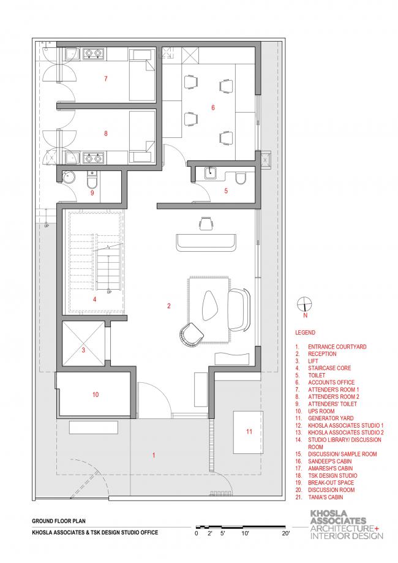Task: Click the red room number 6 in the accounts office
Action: click(213, 107)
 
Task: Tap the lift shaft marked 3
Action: click(83, 343)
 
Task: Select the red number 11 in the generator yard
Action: click(249, 431)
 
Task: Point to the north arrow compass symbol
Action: click(304, 304)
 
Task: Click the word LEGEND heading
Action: click(305, 333)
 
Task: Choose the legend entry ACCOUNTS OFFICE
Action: click(331, 382)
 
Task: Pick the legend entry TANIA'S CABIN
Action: click(325, 497)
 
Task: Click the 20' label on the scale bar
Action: click(286, 533)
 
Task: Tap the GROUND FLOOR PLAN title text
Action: click(59, 521)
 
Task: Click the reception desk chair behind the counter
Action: click(206, 223)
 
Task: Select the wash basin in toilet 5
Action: click(211, 173)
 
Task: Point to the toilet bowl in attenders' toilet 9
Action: click(92, 181)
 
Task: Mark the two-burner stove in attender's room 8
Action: click(93, 157)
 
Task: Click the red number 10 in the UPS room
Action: click(96, 395)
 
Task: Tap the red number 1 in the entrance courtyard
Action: click(154, 455)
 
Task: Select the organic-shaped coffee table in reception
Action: click(211, 305)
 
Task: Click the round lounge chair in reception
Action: click(191, 335)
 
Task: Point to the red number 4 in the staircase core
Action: click(95, 299)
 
